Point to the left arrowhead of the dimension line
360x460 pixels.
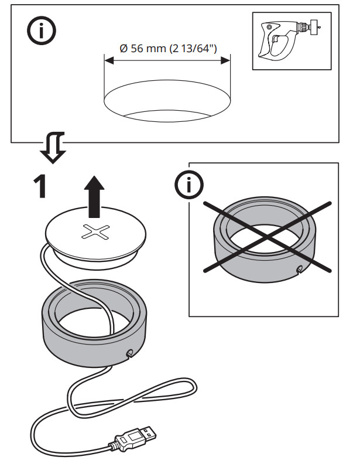coord(107,59)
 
